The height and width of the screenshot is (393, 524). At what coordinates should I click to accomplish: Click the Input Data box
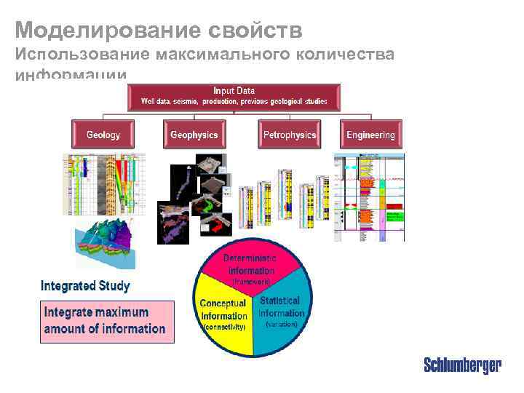tap(234, 96)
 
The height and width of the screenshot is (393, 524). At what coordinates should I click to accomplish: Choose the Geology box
tap(103, 135)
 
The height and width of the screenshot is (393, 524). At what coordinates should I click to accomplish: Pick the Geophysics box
tap(194, 135)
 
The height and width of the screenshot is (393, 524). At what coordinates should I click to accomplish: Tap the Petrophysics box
tap(290, 135)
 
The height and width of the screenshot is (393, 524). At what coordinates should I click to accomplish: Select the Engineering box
tap(370, 135)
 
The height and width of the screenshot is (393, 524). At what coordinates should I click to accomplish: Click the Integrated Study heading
tap(85, 285)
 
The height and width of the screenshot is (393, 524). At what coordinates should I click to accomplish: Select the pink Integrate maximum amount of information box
tap(106, 321)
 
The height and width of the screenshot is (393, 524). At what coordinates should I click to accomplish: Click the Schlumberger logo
tap(463, 365)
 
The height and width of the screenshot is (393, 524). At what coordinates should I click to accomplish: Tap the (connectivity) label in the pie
tap(223, 327)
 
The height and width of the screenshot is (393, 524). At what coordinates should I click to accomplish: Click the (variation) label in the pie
tap(281, 323)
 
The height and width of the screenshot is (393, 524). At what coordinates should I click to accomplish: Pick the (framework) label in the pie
tap(251, 281)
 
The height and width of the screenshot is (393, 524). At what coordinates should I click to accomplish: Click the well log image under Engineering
tap(369, 196)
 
